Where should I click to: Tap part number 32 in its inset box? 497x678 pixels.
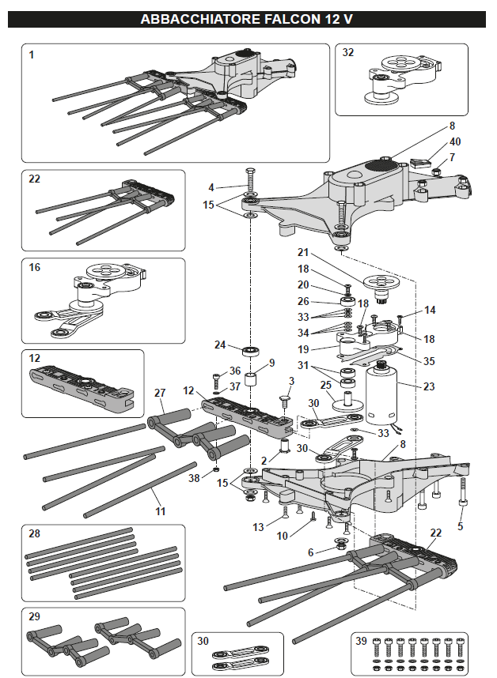348,53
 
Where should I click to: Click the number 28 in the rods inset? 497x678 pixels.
34,534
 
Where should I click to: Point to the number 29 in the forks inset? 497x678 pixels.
34,616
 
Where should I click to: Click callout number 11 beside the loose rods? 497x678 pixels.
161,511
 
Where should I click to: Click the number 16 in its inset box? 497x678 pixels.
34,268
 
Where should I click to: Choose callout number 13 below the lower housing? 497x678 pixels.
258,527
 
